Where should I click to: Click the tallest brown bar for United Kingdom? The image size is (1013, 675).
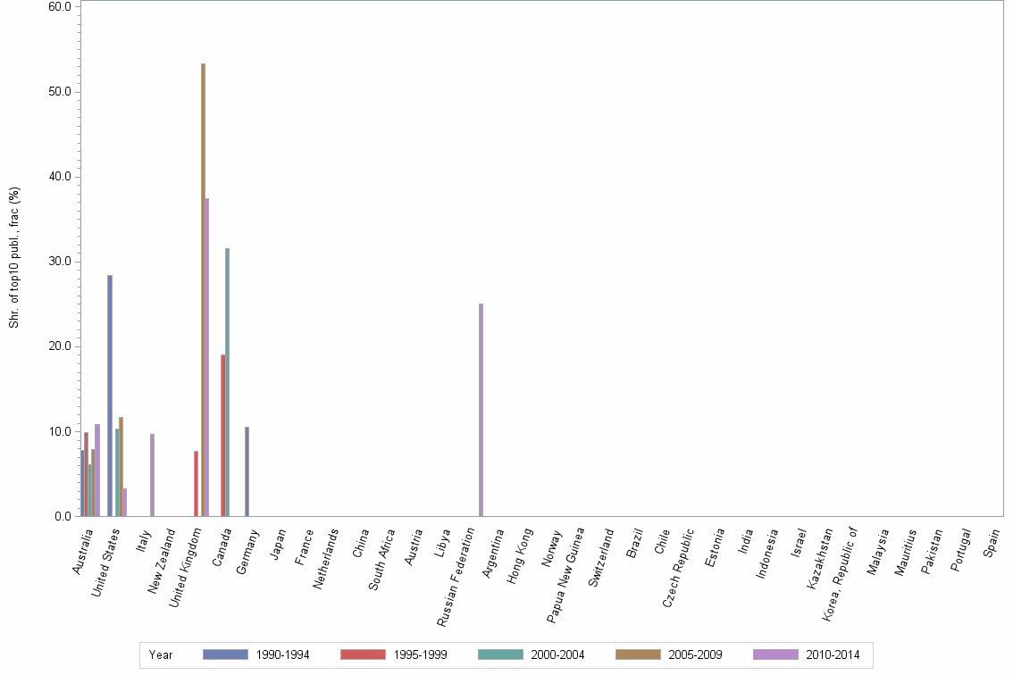pyautogui.click(x=203, y=290)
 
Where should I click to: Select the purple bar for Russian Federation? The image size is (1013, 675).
pyautogui.click(x=481, y=410)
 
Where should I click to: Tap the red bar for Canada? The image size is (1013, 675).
pyautogui.click(x=222, y=436)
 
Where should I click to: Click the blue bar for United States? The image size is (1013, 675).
pyautogui.click(x=110, y=396)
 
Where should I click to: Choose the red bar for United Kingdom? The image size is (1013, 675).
pyautogui.click(x=196, y=483)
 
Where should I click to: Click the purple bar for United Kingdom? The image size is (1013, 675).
pyautogui.click(x=207, y=357)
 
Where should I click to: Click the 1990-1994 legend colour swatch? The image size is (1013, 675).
pyautogui.click(x=225, y=654)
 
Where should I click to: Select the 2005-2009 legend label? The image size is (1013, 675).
pyautogui.click(x=695, y=655)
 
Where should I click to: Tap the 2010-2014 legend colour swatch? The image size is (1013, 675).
pyautogui.click(x=775, y=654)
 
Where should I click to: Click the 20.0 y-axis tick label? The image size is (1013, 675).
pyautogui.click(x=61, y=346)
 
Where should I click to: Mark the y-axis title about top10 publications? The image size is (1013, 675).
pyautogui.click(x=14, y=257)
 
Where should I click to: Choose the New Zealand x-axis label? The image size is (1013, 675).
pyautogui.click(x=163, y=561)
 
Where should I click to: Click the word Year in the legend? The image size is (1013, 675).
pyautogui.click(x=161, y=655)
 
